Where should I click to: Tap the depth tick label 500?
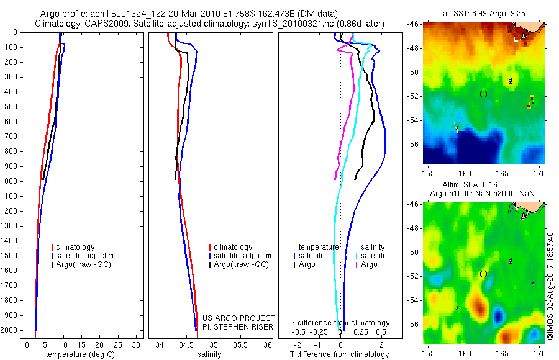click(x=11, y=107)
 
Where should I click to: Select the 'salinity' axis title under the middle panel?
click(x=209, y=354)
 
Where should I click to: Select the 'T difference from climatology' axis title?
click(x=340, y=354)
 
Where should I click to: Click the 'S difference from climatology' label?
click(x=340, y=323)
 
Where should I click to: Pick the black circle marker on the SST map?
click(x=483, y=94)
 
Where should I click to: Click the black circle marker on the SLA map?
click(x=483, y=274)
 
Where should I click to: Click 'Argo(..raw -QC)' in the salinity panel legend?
click(x=241, y=264)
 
